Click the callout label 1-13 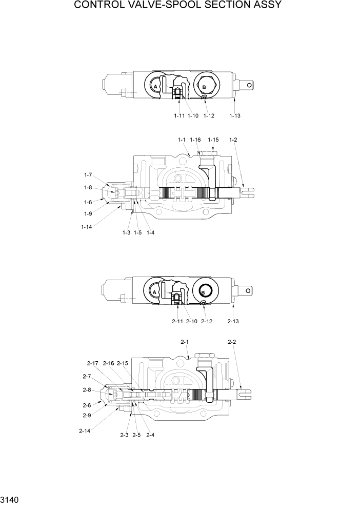click(x=234, y=116)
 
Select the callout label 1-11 click(x=178, y=116)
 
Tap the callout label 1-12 click(x=209, y=116)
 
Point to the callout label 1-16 click(x=195, y=140)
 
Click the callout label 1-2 click(x=233, y=140)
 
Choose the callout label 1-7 click(x=88, y=175)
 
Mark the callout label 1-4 click(x=150, y=232)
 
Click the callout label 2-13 click(x=233, y=322)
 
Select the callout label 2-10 click(x=192, y=322)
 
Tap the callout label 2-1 click(x=185, y=342)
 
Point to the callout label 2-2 click(x=232, y=342)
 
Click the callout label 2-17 click(x=92, y=363)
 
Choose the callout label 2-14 click(x=85, y=431)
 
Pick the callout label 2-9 click(x=87, y=415)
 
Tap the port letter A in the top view click(x=155, y=88)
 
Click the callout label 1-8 click(x=88, y=188)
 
